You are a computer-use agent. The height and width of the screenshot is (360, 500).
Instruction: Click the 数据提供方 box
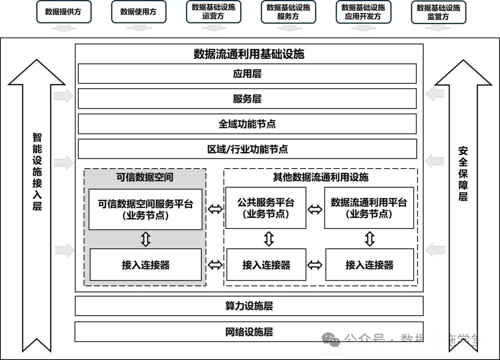[x=63, y=12]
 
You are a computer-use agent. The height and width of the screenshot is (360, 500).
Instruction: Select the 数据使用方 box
[x=138, y=12]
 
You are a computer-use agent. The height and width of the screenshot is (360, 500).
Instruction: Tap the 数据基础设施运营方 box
[x=213, y=12]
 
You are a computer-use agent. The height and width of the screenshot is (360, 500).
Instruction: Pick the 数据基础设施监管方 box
[x=438, y=12]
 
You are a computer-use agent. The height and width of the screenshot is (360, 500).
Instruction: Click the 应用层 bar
[x=247, y=74]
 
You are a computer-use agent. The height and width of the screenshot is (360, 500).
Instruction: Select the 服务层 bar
[x=247, y=99]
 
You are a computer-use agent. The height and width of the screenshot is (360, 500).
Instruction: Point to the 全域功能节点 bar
[x=247, y=124]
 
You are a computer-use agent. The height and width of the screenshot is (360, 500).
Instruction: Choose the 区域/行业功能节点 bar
[x=247, y=149]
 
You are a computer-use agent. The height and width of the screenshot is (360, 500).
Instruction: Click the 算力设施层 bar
[x=249, y=306]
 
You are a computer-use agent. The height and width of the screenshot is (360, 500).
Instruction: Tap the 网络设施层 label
[x=249, y=332]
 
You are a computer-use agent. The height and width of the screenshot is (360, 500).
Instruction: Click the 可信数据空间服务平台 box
[x=145, y=209]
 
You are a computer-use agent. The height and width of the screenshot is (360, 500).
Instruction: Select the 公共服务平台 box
[x=266, y=208]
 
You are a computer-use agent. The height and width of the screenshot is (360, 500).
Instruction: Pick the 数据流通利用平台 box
[x=369, y=208]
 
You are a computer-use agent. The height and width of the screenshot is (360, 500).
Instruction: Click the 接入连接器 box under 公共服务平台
[x=266, y=265]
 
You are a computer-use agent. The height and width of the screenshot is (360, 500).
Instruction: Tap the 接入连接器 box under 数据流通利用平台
[x=369, y=265]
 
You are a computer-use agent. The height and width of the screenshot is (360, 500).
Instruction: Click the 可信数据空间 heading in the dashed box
[x=145, y=177]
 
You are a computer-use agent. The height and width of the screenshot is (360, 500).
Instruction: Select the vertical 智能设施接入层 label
[x=37, y=171]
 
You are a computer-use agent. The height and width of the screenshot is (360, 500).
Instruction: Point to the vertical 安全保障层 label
[x=463, y=174]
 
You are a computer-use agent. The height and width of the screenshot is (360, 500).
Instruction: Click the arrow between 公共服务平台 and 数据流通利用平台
[x=315, y=209]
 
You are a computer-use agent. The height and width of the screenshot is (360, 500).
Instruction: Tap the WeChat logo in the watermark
[x=331, y=341]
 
